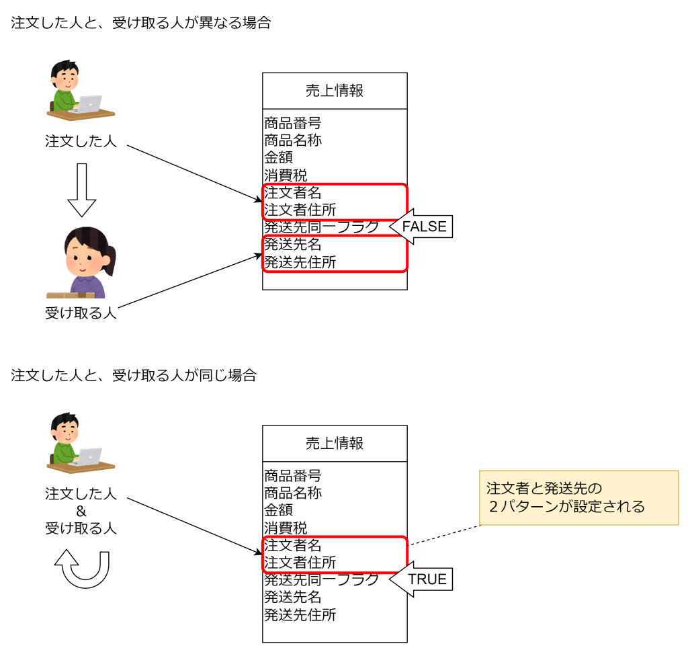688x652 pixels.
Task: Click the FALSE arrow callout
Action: tap(421, 227)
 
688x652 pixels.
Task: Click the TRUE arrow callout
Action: tap(421, 579)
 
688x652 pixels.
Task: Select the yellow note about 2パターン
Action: tap(578, 497)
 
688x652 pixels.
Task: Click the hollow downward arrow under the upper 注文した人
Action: tap(81, 190)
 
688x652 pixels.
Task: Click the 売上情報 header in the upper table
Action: tap(335, 91)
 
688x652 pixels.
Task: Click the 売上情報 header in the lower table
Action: tap(335, 444)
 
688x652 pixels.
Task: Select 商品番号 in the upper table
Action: tap(293, 123)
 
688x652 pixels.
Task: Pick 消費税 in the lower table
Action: tap(286, 528)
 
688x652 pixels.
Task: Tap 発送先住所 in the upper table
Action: tap(300, 262)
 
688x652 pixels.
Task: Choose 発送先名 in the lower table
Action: tap(293, 597)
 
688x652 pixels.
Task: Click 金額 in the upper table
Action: tap(278, 157)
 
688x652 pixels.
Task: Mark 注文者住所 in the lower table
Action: tap(300, 563)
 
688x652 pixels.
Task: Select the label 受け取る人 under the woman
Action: tap(81, 313)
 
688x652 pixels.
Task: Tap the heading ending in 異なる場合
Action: tap(141, 23)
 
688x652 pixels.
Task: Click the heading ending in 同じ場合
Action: tap(134, 375)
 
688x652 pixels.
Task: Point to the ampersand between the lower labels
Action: tap(81, 512)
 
